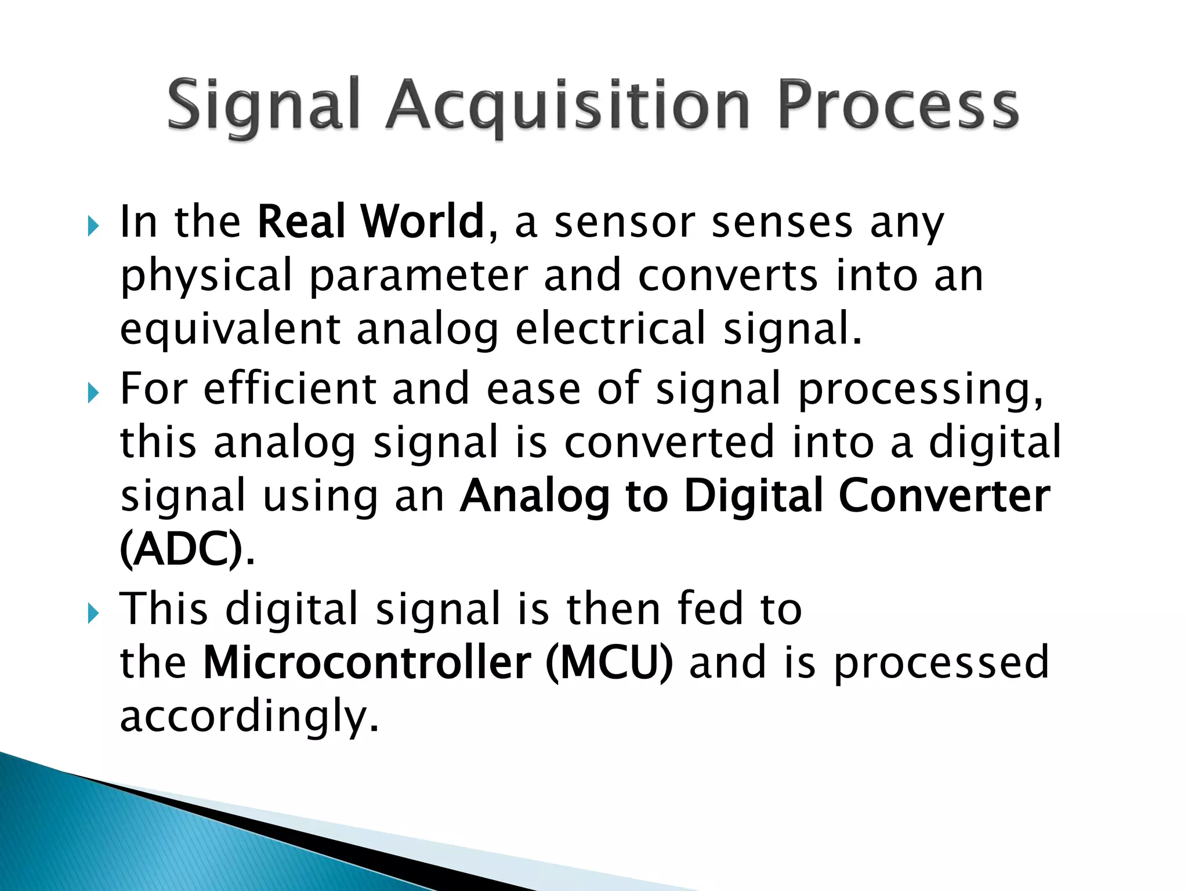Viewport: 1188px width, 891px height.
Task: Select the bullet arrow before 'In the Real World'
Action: tap(93, 226)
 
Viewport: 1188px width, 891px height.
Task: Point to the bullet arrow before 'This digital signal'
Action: tap(93, 613)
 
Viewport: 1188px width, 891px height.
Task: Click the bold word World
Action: tap(422, 222)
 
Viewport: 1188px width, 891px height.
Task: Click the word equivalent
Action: tap(230, 329)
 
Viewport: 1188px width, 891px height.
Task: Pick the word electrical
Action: tap(610, 329)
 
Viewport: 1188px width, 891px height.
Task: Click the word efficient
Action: tap(290, 389)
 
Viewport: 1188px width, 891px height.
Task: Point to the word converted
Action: tap(669, 442)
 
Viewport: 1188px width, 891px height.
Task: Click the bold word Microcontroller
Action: tap(367, 662)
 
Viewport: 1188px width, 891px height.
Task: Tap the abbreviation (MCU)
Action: tap(609, 662)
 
